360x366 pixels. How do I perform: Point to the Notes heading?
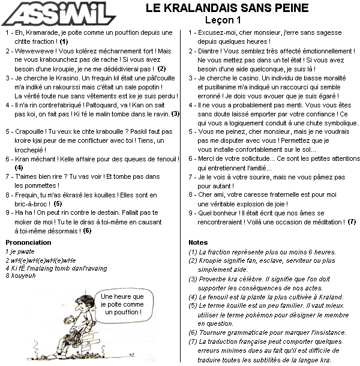click(198, 243)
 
